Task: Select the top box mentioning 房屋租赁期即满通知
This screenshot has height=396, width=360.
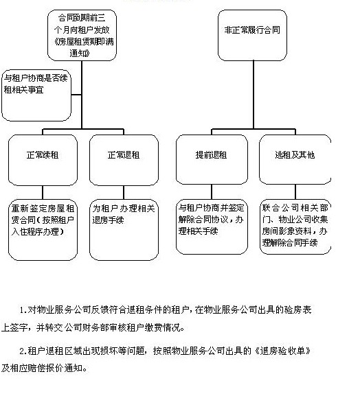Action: pyautogui.click(x=82, y=31)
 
